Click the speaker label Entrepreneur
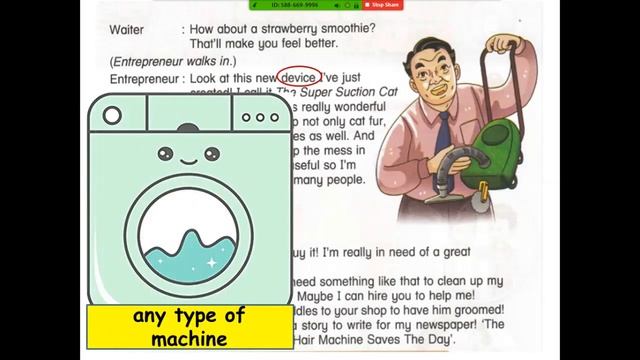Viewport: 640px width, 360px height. [x=145, y=78]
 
